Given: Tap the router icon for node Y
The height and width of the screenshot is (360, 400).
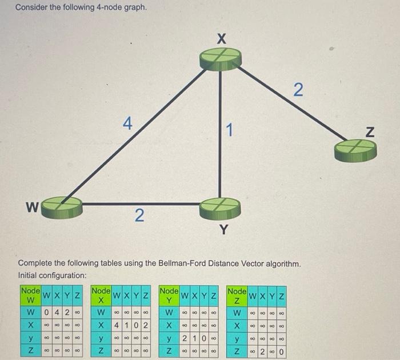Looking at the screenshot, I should [x=218, y=205].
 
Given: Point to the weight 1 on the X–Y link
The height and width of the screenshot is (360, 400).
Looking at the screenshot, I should [x=229, y=131].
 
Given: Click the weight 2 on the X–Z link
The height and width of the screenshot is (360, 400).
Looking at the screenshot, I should [x=297, y=90].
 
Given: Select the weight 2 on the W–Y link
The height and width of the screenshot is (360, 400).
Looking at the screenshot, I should [x=138, y=216].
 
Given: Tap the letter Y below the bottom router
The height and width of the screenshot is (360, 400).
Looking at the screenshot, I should [x=223, y=230].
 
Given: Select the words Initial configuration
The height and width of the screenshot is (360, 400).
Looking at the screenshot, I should [x=52, y=275].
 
